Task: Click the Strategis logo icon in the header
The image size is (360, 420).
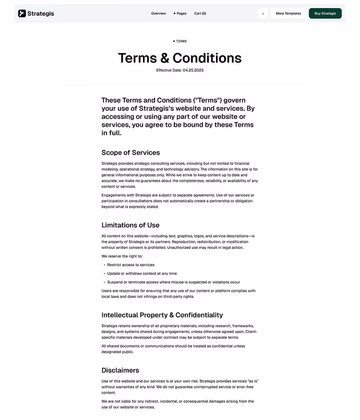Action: [x=22, y=13]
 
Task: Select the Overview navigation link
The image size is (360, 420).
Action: [x=158, y=13]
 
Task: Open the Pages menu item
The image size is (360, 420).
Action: [x=181, y=13]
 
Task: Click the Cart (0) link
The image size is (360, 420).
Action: [x=200, y=13]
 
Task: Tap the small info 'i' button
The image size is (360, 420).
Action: [x=263, y=13]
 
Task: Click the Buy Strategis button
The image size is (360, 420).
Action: [x=325, y=13]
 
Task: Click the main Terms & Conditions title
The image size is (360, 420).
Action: [x=180, y=58]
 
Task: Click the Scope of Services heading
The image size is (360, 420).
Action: [x=131, y=153]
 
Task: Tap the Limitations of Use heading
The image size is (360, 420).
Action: [x=130, y=225]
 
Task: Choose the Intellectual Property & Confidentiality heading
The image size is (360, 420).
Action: [x=162, y=315]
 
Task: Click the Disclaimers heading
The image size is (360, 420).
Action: [x=120, y=371]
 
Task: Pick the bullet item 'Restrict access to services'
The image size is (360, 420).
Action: [x=131, y=265]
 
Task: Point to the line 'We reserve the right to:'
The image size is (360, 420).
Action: [x=122, y=256]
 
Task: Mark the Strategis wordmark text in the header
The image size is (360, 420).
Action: [x=41, y=13]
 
